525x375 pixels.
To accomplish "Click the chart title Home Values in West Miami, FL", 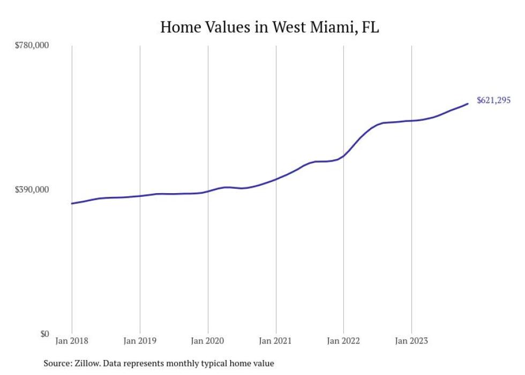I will [269, 27].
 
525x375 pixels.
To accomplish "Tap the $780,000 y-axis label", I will [32, 46].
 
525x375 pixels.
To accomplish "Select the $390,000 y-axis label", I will [32, 190].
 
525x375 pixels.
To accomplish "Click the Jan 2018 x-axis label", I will [72, 341].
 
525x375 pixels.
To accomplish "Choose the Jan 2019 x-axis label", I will [140, 341].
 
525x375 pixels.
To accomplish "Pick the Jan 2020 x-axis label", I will [208, 341].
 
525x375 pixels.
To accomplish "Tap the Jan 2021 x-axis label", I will [276, 341].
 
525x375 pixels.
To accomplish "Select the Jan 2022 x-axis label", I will [343, 341].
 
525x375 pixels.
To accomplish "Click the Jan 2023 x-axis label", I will [411, 341].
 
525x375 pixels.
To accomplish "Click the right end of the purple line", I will [468, 104].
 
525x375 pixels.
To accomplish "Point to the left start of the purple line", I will [72, 203].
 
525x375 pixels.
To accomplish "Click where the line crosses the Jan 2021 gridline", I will [276, 179].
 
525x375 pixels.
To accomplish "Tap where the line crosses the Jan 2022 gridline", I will [343, 156].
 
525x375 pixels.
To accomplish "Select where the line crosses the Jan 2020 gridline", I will [208, 191].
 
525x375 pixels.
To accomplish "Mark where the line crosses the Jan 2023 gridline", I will [411, 121].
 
